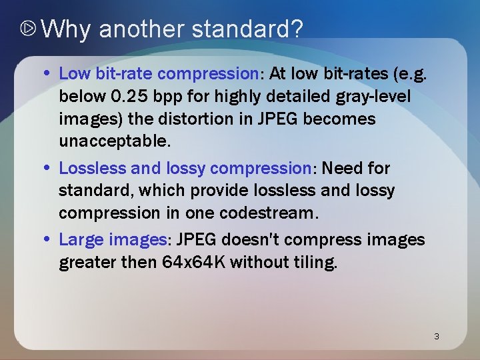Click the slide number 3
pyautogui.click(x=436, y=336)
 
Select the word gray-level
pyautogui.click(x=375, y=97)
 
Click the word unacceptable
pyautogui.click(x=114, y=142)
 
